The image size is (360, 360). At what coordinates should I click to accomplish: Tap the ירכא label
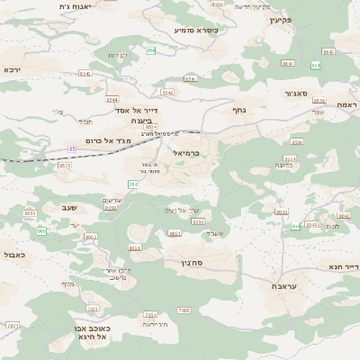(x=13, y=69)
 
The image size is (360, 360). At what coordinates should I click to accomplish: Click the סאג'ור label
(x=294, y=92)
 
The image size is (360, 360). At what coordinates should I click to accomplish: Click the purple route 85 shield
(x=72, y=148)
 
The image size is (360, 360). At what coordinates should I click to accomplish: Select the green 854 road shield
(x=151, y=50)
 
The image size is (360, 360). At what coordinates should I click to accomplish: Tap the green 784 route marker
(x=132, y=184)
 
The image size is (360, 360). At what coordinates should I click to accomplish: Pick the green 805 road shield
(x=41, y=231)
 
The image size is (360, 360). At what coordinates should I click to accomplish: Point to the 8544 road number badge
(x=111, y=99)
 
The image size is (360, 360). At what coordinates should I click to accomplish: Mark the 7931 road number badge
(x=13, y=325)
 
